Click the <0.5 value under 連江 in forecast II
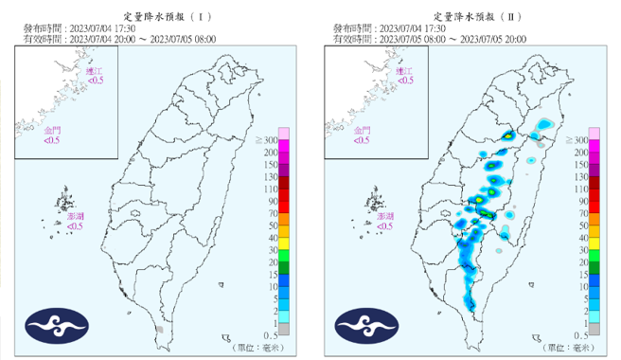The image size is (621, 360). click(404, 81)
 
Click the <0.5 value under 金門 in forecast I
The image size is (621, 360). click(52, 140)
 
